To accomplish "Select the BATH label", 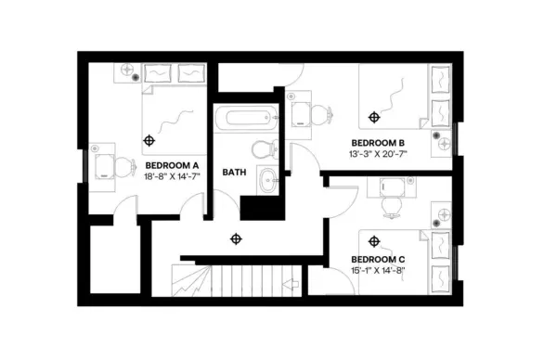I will tap(233, 173).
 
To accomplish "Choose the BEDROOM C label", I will tap(377, 259).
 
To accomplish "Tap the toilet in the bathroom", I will tap(262, 148).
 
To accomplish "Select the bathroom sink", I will tap(266, 180).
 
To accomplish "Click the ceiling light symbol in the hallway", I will tap(235, 238).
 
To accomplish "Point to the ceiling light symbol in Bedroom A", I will tap(149, 140).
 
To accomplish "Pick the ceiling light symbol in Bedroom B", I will tap(374, 117).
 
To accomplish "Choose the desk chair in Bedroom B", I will tap(318, 115).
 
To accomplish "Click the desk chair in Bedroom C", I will tap(391, 204).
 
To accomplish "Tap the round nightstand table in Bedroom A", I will tap(128, 71).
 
